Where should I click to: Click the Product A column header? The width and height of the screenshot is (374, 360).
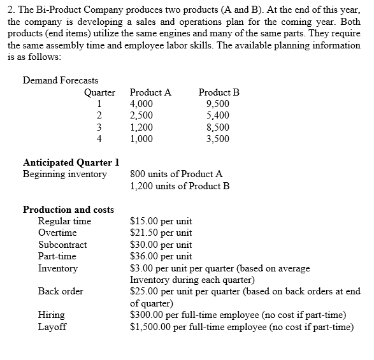coord(150,92)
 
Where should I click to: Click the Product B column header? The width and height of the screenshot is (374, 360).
coord(219,92)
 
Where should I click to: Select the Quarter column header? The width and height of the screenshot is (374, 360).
coord(99,92)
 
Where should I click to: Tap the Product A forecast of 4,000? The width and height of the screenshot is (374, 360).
coord(141,104)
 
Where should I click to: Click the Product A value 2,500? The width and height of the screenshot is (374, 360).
coord(141,115)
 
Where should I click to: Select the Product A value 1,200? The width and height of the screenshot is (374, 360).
coord(141,127)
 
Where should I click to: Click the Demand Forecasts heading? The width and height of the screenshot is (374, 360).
coord(61,80)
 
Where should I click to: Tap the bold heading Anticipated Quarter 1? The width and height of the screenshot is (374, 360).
coord(71,162)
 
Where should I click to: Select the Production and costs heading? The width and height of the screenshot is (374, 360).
coord(68,210)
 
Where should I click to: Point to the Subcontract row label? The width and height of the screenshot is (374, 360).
coord(62,245)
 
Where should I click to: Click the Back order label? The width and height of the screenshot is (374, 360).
coord(61,291)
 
